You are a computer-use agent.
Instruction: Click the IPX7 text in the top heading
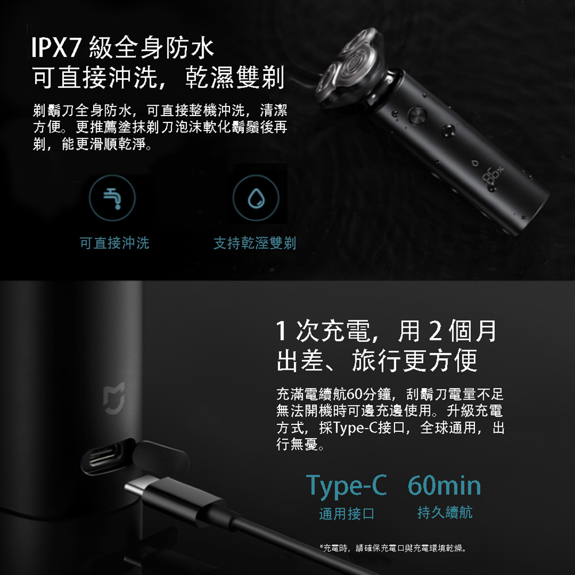coord(56,48)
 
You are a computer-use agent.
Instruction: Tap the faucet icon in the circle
coord(112,198)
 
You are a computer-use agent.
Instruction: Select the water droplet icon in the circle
coord(256,198)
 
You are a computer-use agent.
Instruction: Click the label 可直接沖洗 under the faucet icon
coord(114,243)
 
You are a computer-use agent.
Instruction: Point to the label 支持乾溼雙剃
coord(255,243)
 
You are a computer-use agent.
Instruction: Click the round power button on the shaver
coord(417,116)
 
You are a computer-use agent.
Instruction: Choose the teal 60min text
coord(444,485)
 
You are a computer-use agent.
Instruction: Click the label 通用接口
coord(347,513)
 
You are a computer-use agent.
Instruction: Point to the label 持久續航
coord(445,512)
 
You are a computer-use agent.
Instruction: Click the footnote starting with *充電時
coord(393,548)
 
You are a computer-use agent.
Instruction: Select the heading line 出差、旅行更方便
coord(377,361)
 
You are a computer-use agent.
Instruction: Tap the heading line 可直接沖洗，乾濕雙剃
coord(159,78)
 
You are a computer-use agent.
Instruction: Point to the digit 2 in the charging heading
coord(435,331)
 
